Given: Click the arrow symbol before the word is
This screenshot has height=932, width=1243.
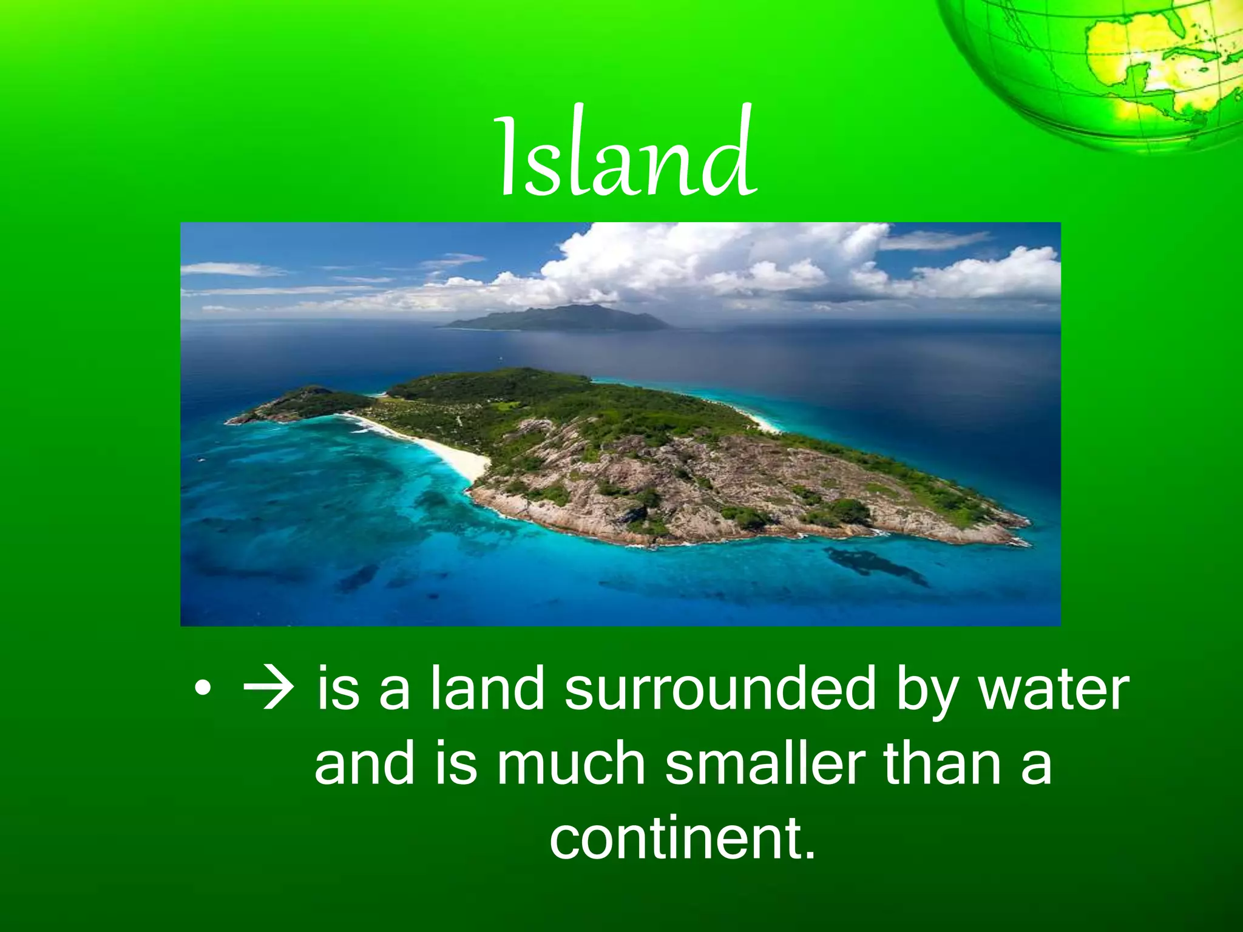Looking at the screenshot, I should pos(268,689).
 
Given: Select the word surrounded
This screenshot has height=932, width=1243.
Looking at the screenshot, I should pos(720,689).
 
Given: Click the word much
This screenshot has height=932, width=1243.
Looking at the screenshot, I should pos(571,764).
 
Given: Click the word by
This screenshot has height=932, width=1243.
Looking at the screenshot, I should pos(926,692).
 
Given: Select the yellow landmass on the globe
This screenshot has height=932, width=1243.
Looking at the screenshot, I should pos(1141,61).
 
